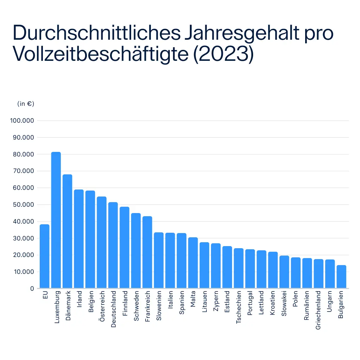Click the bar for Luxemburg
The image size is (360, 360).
(x=56, y=220)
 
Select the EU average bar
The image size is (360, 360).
(x=44, y=256)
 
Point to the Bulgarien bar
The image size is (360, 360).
(x=341, y=277)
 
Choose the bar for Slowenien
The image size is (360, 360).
(x=159, y=260)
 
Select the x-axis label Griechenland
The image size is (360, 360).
(x=319, y=310)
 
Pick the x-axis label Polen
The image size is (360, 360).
(x=296, y=298)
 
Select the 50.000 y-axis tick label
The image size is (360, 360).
(x=23, y=205)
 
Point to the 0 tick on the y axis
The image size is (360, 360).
(x=32, y=289)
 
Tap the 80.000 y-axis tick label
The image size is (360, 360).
(x=23, y=154)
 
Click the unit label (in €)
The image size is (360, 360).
(x=26, y=104)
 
